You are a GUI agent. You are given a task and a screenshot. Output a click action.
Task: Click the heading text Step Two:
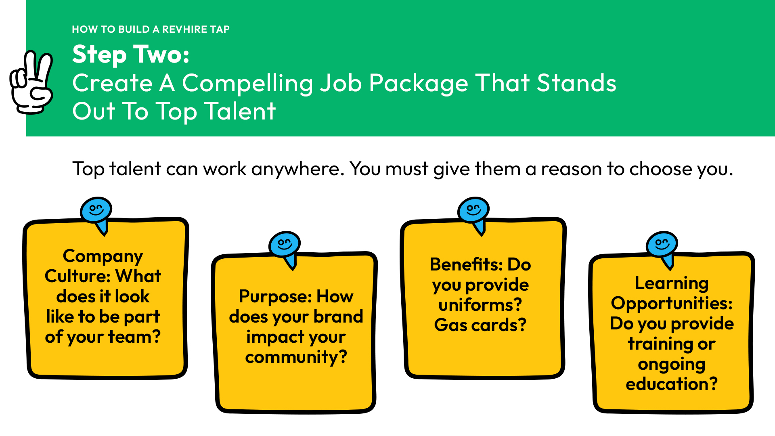click(x=131, y=55)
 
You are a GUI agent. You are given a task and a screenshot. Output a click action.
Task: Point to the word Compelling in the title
click(x=247, y=84)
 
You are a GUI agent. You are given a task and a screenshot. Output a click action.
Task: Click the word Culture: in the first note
click(x=77, y=276)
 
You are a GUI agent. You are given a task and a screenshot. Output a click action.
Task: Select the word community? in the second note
click(x=296, y=358)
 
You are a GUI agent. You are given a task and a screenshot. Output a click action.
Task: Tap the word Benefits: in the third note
click(x=466, y=265)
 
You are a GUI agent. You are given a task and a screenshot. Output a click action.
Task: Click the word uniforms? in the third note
click(x=480, y=305)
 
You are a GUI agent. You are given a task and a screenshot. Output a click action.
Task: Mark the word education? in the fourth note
click(x=672, y=384)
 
